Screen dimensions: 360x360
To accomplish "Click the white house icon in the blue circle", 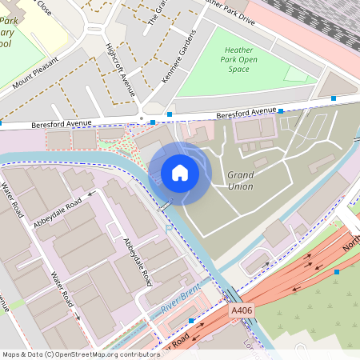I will coord(179,173).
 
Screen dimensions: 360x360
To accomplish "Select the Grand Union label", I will coord(240,181).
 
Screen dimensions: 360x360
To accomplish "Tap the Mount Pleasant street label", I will coord(36,72).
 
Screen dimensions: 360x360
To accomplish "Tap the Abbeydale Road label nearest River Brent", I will coord(137,262).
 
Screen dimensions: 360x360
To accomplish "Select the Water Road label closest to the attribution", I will coord(62,289).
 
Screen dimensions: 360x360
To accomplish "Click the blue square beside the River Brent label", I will coord(191,320).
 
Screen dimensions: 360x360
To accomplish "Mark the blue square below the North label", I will coord(337,273).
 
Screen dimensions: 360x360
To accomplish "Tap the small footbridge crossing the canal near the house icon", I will coord(165,206).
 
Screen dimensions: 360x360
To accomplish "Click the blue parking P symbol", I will coord(168,229).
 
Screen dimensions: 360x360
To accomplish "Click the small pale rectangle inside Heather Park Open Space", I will coord(296,74).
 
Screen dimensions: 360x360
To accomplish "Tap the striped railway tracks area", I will coord(328,20).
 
